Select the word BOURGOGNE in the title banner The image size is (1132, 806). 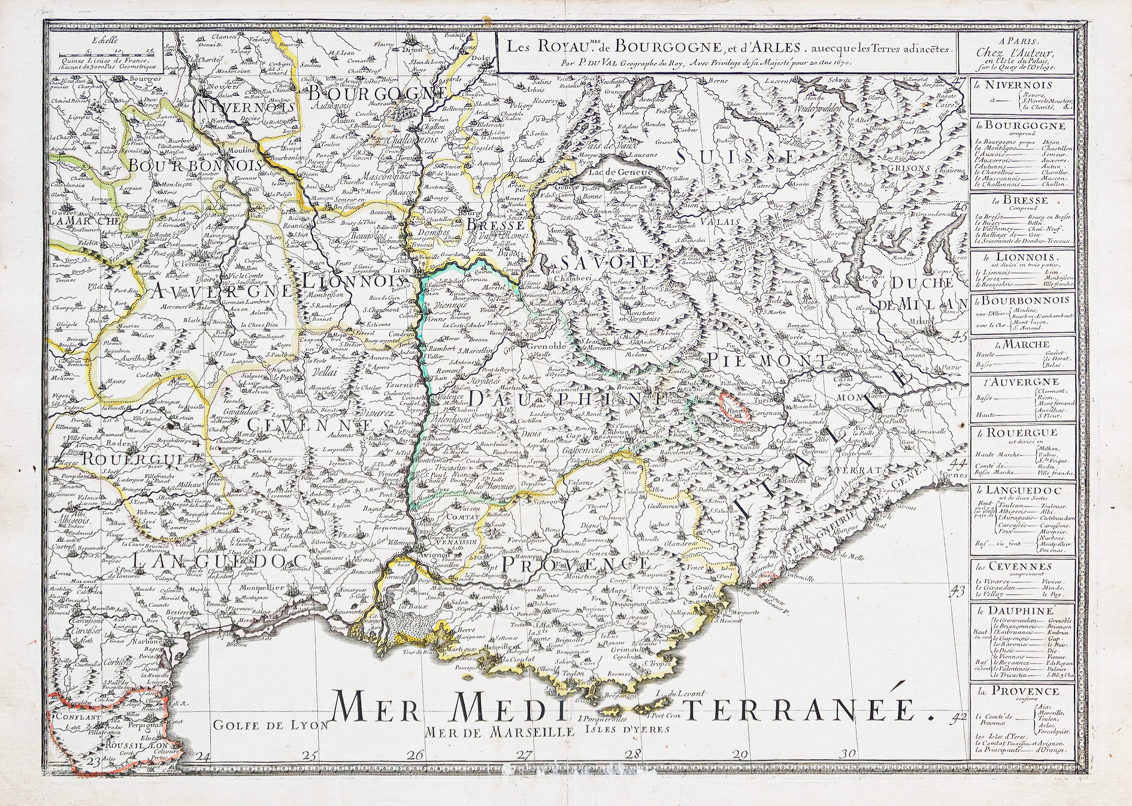[644, 46]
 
